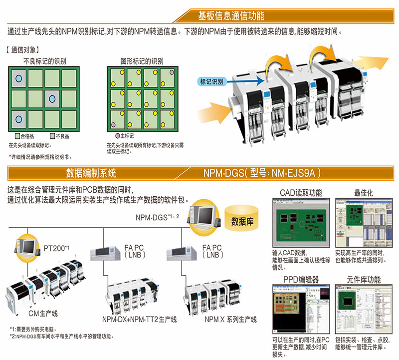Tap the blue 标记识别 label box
[211, 80]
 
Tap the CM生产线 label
[43, 313]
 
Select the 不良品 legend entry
[59, 136]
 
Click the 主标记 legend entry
[125, 136]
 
